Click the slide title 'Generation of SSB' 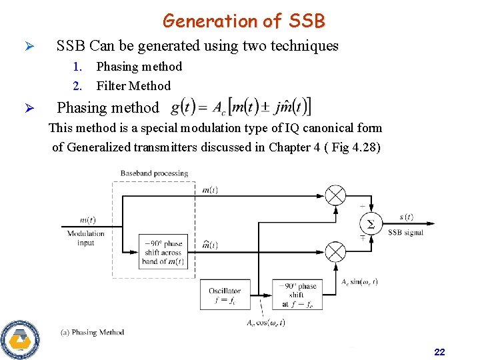pyautogui.click(x=243, y=21)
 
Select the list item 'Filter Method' pyautogui.click(x=133, y=85)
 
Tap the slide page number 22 pyautogui.click(x=439, y=351)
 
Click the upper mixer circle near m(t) pyautogui.click(x=335, y=195)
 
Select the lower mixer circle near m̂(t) pyautogui.click(x=335, y=252)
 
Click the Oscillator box pyautogui.click(x=225, y=295)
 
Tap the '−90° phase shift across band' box pyautogui.click(x=163, y=252)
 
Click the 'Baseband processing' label pyautogui.click(x=154, y=173)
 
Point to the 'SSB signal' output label pyautogui.click(x=405, y=233)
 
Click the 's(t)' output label pyautogui.click(x=406, y=217)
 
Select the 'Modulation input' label pyautogui.click(x=86, y=238)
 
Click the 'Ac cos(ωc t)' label pyautogui.click(x=266, y=323)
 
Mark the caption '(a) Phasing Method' pyautogui.click(x=92, y=332)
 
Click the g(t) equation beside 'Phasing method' pyautogui.click(x=241, y=107)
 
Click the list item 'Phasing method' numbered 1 pyautogui.click(x=139, y=66)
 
